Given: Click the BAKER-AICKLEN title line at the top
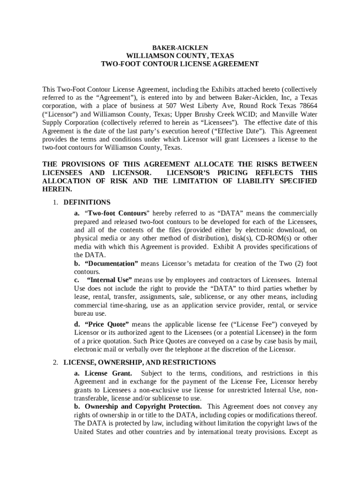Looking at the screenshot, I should pos(180,48).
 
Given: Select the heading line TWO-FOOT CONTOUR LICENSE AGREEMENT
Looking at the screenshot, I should pos(180,64).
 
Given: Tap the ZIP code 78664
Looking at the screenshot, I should pos(308,106).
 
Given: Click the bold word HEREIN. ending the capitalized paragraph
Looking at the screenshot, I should pos(57,189).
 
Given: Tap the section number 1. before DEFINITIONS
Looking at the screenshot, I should pos(55,203).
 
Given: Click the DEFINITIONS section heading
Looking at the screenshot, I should pos(87,203).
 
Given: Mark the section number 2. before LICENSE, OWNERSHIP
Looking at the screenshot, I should pos(55,363).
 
